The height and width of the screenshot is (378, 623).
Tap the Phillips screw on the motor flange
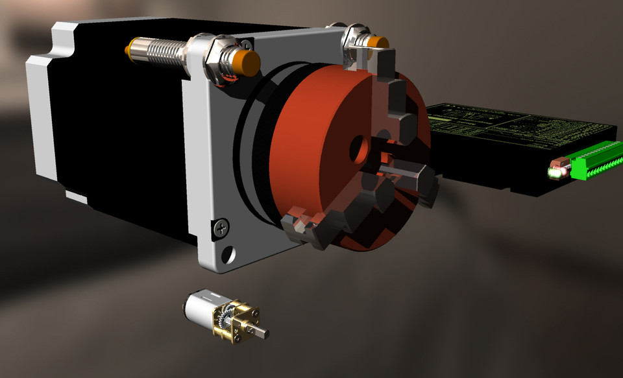221,227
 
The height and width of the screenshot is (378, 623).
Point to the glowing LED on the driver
554,173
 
